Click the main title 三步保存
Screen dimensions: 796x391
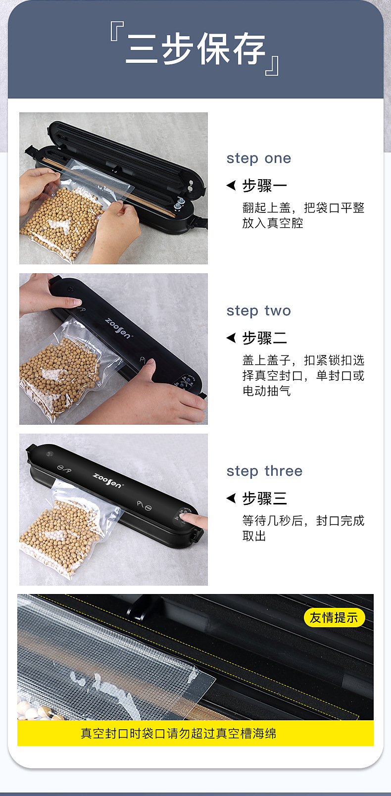195,50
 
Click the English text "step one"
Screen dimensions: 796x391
258,158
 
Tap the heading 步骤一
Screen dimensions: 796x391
264,186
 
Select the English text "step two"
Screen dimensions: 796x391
258,311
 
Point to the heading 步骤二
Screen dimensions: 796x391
264,338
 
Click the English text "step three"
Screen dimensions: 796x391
264,471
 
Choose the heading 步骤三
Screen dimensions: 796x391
264,498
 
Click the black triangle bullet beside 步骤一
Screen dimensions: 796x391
231,186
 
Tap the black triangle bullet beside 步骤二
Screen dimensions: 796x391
231,338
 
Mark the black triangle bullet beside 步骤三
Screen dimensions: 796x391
231,498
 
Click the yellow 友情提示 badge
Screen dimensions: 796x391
334,617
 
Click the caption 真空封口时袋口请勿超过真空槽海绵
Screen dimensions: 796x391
178,733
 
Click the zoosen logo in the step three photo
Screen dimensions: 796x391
107,480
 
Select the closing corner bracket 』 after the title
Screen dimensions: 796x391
273,66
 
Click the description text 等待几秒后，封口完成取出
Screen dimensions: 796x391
303,528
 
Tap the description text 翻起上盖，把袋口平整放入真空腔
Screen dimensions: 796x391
303,215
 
